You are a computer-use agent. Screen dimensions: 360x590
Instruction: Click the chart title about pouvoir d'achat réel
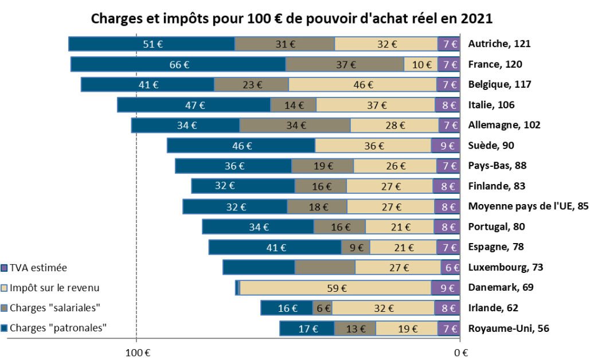[292, 18]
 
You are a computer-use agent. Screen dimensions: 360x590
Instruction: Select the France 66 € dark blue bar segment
[178, 64]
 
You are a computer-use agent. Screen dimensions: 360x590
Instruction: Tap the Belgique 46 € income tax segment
[362, 85]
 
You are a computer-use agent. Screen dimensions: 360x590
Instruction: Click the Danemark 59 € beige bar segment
[335, 288]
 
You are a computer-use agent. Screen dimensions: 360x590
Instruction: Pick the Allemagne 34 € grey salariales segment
[295, 126]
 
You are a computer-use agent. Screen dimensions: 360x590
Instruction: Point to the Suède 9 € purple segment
[446, 146]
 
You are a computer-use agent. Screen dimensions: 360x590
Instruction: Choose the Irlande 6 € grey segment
[323, 308]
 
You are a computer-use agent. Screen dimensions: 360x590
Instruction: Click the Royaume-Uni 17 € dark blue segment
[307, 328]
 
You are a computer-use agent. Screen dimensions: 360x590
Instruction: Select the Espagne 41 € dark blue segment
[275, 247]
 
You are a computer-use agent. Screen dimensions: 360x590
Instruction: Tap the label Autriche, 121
[499, 44]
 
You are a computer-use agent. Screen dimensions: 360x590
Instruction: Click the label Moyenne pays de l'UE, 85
[528, 206]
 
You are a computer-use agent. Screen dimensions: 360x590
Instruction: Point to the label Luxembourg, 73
[505, 267]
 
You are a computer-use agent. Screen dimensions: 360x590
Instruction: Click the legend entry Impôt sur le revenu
[50, 288]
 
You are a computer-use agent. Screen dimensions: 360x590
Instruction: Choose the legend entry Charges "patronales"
[55, 328]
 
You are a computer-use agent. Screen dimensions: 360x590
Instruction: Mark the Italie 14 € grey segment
[293, 105]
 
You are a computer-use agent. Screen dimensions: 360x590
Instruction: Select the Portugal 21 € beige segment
[399, 226]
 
